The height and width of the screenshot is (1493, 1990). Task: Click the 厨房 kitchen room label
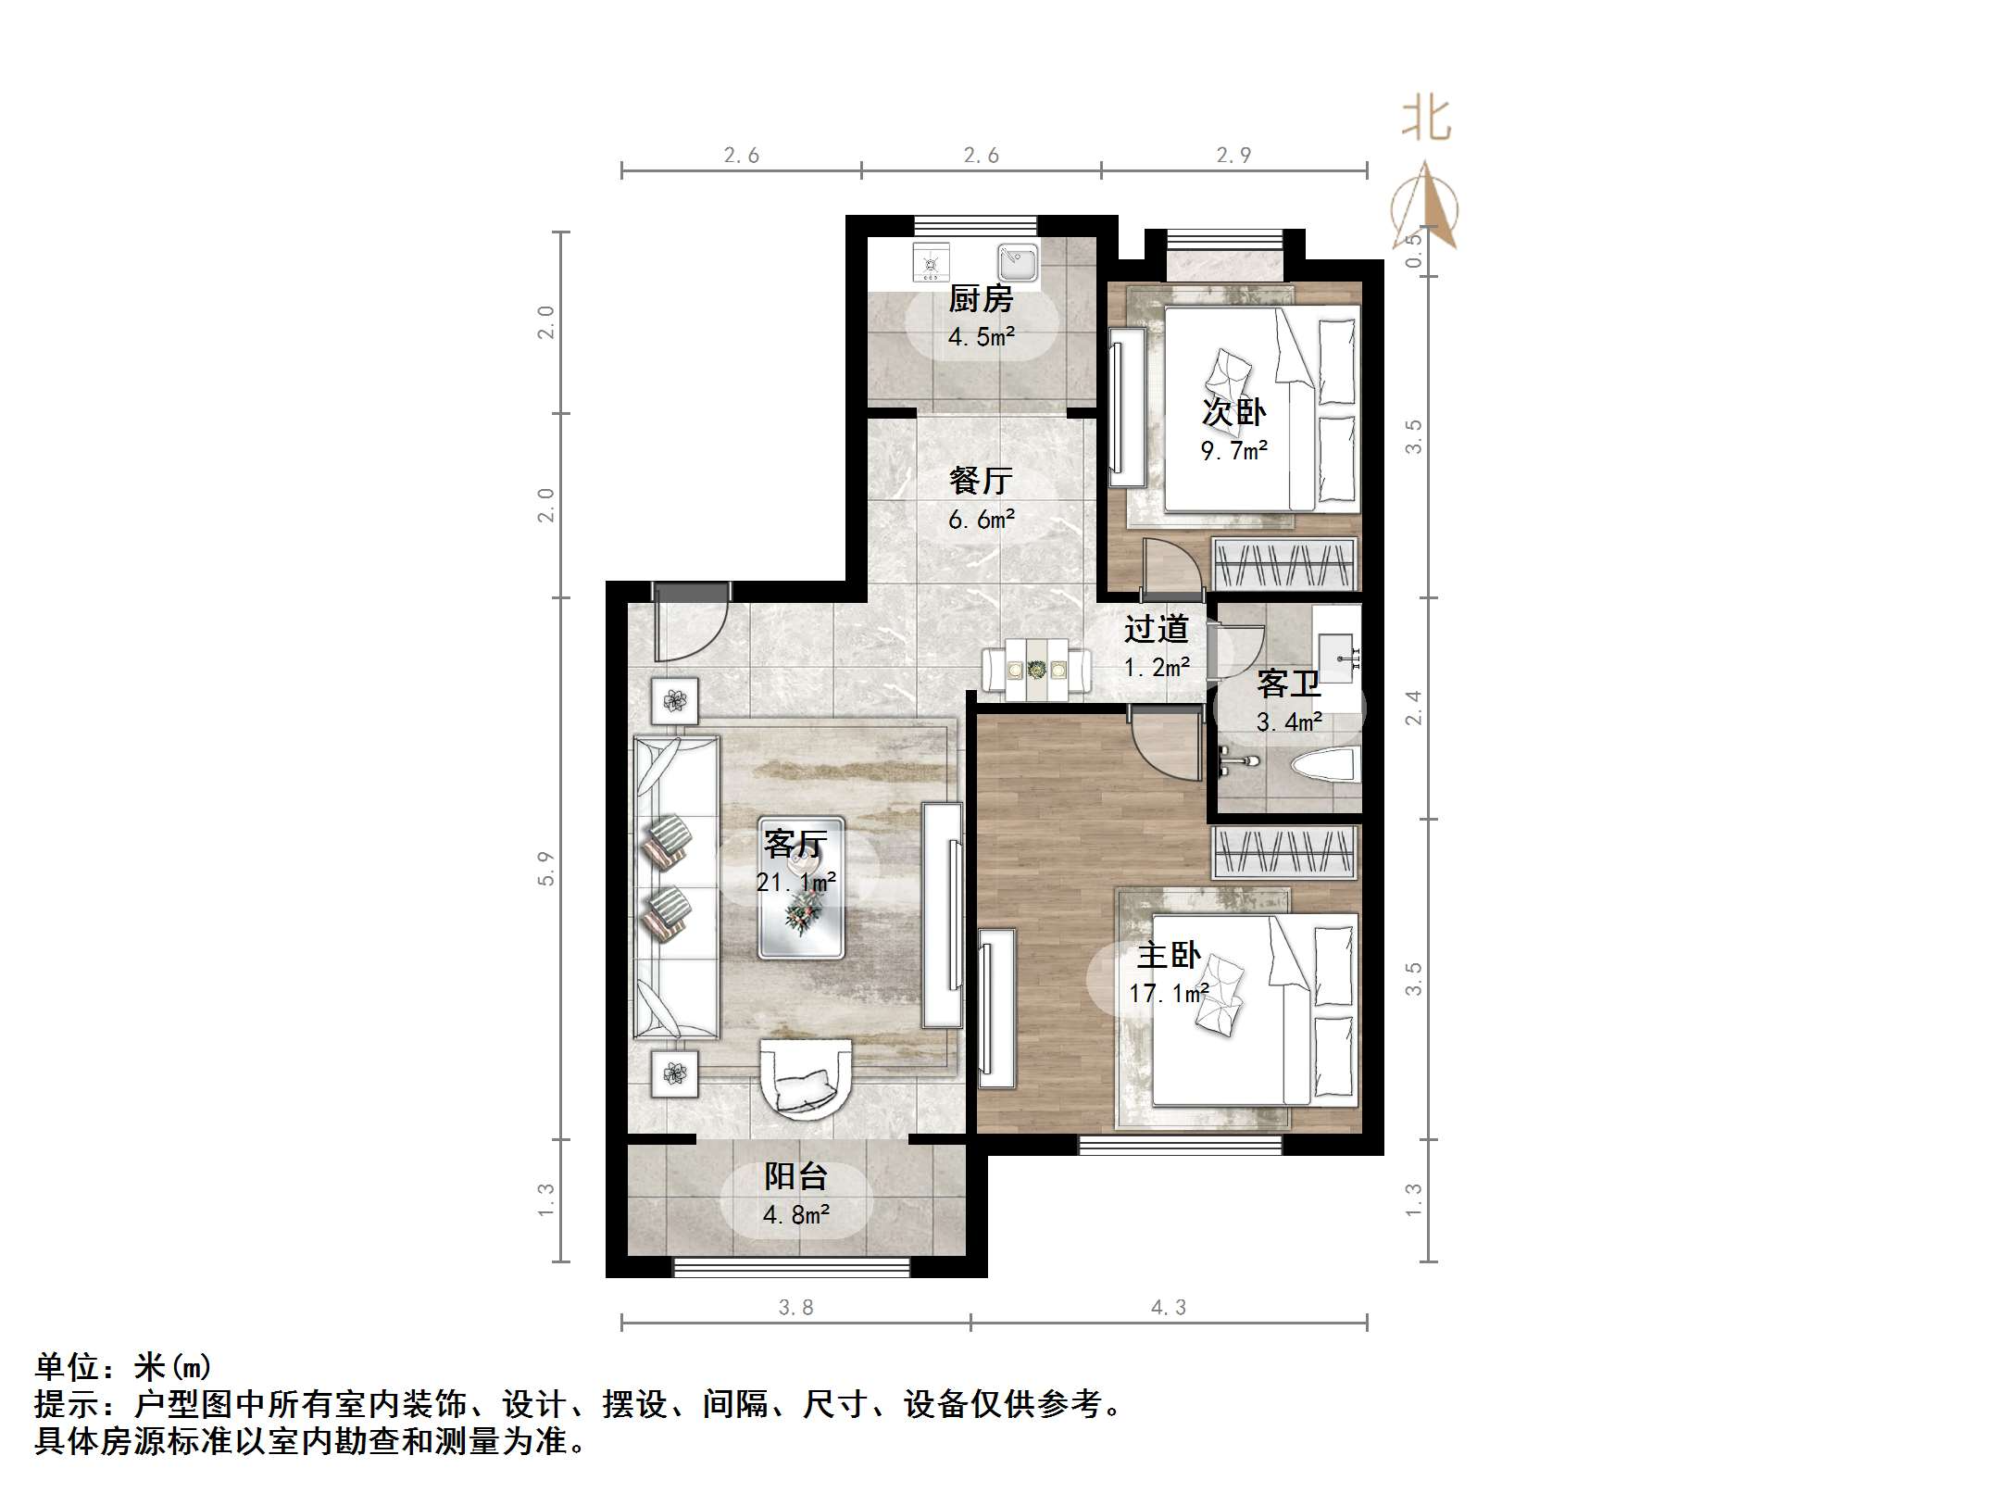pos(981,298)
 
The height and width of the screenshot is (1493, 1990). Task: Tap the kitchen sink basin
pos(1018,263)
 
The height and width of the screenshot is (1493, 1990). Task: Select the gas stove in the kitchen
pos(931,263)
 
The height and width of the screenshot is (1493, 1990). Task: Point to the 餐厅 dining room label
pos(981,480)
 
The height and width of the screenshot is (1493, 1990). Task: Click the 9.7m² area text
pos(1233,451)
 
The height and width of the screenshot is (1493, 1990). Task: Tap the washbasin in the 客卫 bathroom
pos(1337,650)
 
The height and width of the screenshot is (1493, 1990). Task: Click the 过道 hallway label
pos(1156,630)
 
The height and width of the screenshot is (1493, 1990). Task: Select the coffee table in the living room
pos(801,887)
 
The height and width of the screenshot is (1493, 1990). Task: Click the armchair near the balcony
pos(805,1080)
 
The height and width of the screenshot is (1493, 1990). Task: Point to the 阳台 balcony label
pos(795,1176)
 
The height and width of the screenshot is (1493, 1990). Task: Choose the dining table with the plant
pos(1037,668)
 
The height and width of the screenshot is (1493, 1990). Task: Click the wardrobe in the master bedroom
pos(1283,852)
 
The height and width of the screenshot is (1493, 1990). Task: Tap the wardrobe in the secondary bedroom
pos(1283,563)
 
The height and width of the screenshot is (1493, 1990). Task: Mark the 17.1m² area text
pos(1169,994)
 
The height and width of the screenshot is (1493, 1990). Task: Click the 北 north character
pos(1426,120)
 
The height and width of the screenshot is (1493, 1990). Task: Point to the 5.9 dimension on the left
pos(545,868)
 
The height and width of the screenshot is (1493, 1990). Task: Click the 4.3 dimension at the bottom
pos(1169,1307)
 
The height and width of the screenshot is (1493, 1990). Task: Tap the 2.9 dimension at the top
pos(1233,156)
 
